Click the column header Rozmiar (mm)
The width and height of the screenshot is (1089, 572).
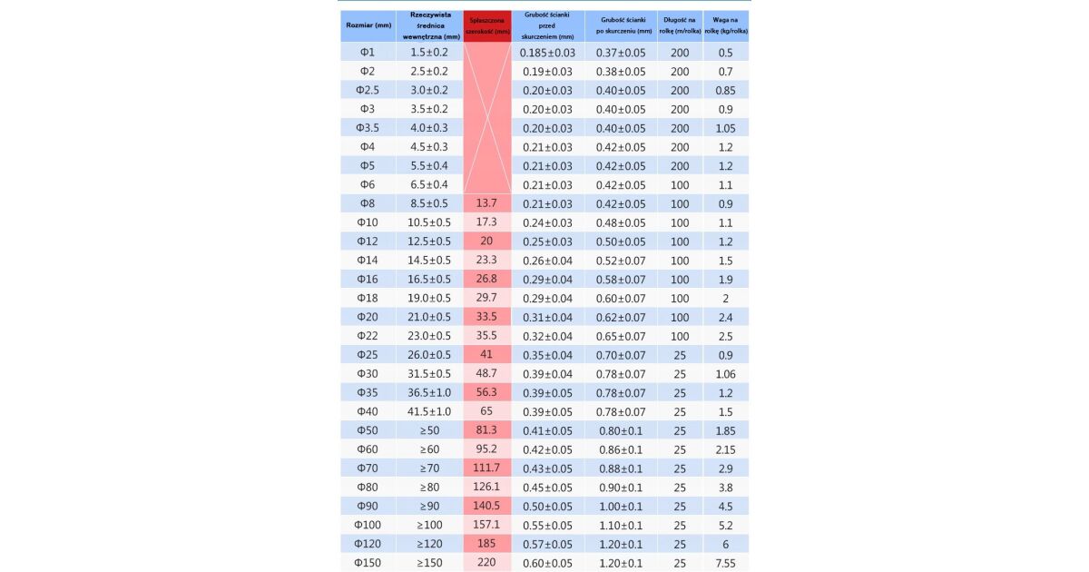[x=368, y=25]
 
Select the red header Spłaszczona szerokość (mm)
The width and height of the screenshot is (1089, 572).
[x=487, y=25]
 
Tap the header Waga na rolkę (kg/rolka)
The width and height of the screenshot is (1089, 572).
[x=726, y=25]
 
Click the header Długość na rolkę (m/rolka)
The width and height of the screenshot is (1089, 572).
[x=680, y=25]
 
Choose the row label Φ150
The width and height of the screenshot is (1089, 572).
[x=368, y=563]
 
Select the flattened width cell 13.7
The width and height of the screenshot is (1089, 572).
[x=486, y=203]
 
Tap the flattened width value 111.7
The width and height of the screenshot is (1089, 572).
[x=486, y=468]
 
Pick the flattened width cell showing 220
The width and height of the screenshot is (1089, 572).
[x=486, y=563]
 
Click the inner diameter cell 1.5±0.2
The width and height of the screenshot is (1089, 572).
[x=429, y=53]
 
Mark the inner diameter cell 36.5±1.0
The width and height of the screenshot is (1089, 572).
[x=429, y=392]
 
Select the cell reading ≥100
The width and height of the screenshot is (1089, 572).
[x=429, y=525]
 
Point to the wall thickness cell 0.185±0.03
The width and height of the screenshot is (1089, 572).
[x=547, y=53]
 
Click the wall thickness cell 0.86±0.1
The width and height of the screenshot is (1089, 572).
[x=621, y=449]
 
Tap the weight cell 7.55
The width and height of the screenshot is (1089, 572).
[x=725, y=563]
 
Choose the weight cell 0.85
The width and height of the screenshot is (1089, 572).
[x=725, y=90]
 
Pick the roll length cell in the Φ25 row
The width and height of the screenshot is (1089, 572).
[x=680, y=354]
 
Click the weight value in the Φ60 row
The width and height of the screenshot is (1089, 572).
[x=725, y=449]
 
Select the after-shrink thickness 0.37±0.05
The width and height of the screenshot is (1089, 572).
[x=621, y=53]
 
